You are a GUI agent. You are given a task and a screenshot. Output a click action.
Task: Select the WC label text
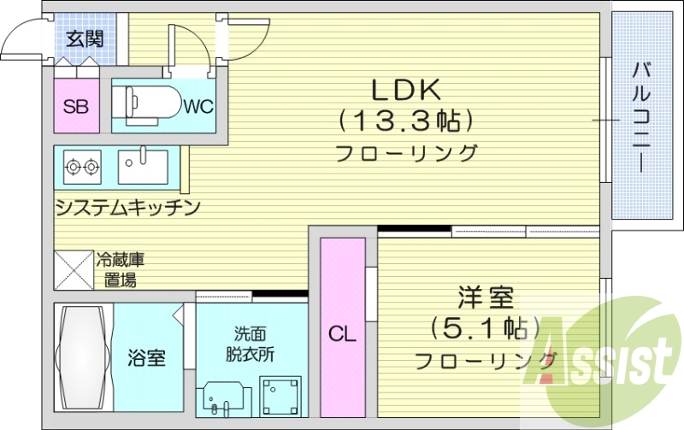pyautogui.click(x=198, y=107)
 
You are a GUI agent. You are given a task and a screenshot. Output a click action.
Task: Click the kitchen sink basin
pyautogui.click(x=143, y=166)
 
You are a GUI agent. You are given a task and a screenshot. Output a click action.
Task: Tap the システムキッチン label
pyautogui.click(x=127, y=207)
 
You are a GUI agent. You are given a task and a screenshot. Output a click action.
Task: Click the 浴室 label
pyautogui.click(x=147, y=357)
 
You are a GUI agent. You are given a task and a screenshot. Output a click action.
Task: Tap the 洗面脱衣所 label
pyautogui.click(x=250, y=344)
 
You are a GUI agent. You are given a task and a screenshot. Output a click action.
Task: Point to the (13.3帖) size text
pyautogui.click(x=405, y=121)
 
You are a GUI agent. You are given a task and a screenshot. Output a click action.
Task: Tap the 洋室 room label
pyautogui.click(x=485, y=299)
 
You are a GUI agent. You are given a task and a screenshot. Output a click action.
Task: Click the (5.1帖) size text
pyautogui.click(x=486, y=328)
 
